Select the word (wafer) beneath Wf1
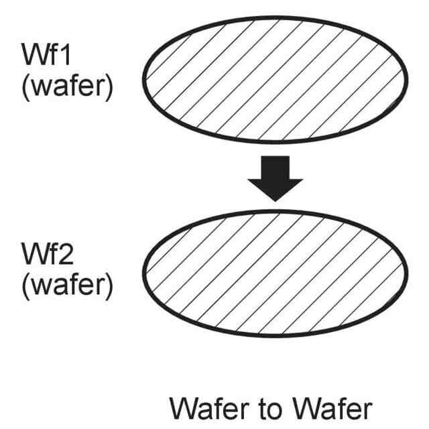pyautogui.click(x=66, y=88)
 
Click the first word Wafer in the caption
pyautogui.click(x=208, y=407)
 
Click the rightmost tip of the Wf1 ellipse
pyautogui.click(x=406, y=78)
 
